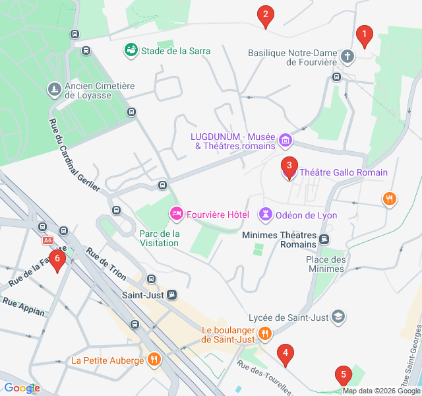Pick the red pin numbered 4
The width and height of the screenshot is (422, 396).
point(285,354)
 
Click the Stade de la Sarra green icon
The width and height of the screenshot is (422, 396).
point(131,50)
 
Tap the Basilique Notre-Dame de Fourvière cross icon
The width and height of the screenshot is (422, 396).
point(348,58)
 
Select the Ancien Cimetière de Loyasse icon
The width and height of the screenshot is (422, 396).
point(53,88)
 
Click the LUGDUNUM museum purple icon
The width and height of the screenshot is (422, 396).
point(285,140)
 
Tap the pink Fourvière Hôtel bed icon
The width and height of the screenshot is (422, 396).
point(176,214)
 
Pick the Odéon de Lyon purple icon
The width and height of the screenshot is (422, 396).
point(265,214)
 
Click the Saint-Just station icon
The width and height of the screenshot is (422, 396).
point(171,294)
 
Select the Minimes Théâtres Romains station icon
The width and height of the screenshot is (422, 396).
point(324,239)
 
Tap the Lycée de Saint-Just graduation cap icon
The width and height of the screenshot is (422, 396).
point(338,317)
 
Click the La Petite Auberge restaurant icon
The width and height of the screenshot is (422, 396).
point(154,360)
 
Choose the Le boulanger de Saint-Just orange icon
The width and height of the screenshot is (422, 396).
point(264,333)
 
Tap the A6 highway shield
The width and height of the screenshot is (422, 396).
point(47,241)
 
